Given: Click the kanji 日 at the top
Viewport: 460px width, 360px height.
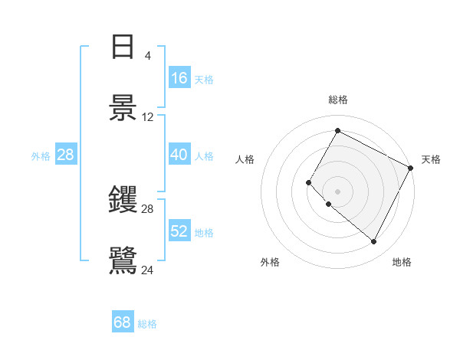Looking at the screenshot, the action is (x=123, y=47).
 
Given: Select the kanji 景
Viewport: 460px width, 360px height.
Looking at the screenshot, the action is (x=123, y=107).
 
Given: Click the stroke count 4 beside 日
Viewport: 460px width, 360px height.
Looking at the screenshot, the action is (x=147, y=56).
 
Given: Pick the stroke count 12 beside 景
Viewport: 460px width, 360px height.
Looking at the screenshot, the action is (x=148, y=116).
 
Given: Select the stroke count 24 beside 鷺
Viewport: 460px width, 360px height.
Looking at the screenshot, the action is (x=148, y=269).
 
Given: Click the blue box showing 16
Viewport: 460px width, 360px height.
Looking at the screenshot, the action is (x=179, y=78).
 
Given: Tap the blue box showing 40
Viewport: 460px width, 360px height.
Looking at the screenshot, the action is (x=179, y=155).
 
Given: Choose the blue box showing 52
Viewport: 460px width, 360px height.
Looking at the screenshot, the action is (x=179, y=231).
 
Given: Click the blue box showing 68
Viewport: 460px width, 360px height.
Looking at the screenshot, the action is (x=123, y=322).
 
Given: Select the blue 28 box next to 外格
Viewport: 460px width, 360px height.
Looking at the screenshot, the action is (x=66, y=155).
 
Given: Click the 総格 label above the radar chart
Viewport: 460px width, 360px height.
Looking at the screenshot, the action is (x=338, y=100).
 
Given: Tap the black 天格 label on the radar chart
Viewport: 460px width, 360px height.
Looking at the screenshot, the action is (x=431, y=159).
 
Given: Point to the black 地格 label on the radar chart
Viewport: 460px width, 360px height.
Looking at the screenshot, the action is (x=402, y=262).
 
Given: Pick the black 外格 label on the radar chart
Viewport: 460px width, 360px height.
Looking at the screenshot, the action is (x=270, y=262).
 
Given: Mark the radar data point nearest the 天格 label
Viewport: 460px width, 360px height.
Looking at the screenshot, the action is (x=410, y=167).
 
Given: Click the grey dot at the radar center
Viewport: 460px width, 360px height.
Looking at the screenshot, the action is (x=337, y=191).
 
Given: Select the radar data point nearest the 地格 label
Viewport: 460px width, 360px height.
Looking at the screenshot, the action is (x=373, y=242).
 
